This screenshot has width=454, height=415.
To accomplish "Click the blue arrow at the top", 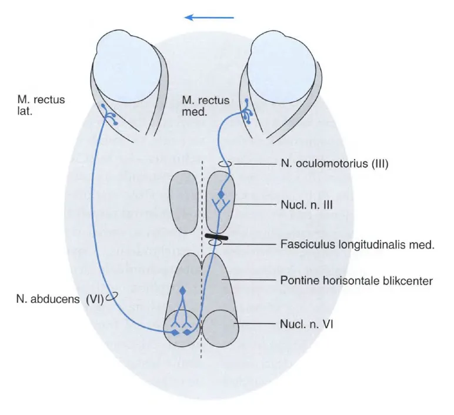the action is click(x=209, y=18).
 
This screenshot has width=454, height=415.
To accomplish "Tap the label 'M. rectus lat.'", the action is click(x=41, y=105).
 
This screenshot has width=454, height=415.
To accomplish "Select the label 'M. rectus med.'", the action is click(x=206, y=106).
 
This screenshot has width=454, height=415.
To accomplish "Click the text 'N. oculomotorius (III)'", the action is click(x=335, y=164).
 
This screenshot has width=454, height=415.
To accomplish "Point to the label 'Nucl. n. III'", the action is click(x=306, y=205).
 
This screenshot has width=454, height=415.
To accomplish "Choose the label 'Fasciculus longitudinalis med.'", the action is click(x=358, y=245).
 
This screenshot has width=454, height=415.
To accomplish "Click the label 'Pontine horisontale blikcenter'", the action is click(x=356, y=280).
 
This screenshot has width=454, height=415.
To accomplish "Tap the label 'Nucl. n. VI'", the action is click(x=306, y=324).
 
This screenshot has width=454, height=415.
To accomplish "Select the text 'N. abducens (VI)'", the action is click(x=60, y=299).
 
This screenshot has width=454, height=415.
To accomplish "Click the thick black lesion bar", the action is click(x=216, y=236).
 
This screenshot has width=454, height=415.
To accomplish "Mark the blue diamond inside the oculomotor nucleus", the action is click(x=222, y=195).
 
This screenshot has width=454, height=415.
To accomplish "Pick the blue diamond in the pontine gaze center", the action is click(x=182, y=290).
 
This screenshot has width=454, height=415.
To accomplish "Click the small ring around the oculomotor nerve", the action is click(x=225, y=164).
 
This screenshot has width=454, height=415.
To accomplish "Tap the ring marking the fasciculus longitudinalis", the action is click(x=215, y=243).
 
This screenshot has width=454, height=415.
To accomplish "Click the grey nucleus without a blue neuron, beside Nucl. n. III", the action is click(x=183, y=202).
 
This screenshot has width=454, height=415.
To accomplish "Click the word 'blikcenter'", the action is click(x=406, y=280).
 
